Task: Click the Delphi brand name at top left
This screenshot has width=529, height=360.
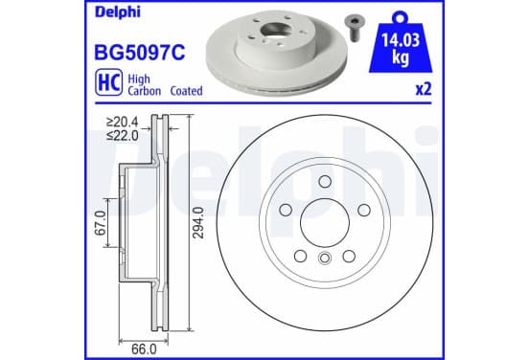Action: pyautogui.click(x=118, y=12)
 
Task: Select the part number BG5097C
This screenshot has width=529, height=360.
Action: pyautogui.click(x=140, y=53)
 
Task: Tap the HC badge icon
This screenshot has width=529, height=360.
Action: pyautogui.click(x=108, y=82)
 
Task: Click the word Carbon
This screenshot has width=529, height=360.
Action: pyautogui.click(x=144, y=91)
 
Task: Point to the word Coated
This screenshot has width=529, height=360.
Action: pyautogui.click(x=186, y=91)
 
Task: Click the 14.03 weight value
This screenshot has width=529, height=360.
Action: pyautogui.click(x=401, y=40)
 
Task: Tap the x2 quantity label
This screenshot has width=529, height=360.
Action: pyautogui.click(x=424, y=89)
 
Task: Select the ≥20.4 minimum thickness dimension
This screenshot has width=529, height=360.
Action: pyautogui.click(x=122, y=122)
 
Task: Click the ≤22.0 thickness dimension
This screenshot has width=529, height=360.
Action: pyautogui.click(x=122, y=136)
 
